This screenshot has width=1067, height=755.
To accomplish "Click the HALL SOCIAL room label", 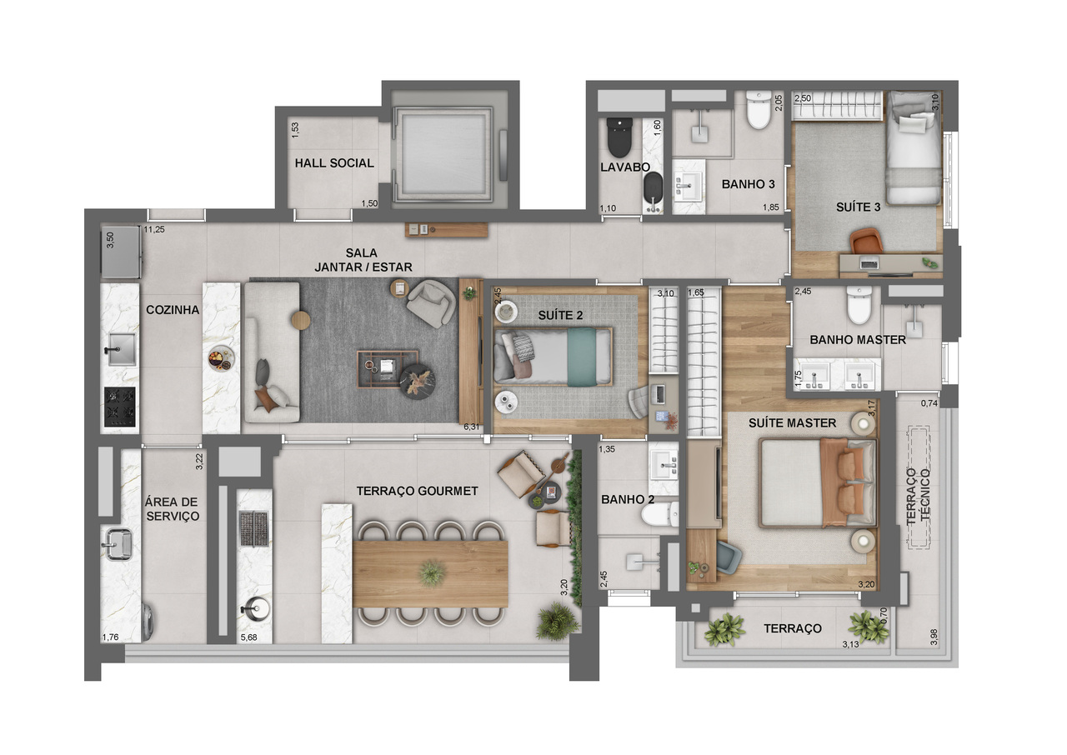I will [333, 163].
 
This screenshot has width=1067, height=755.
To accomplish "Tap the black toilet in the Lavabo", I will [619, 137].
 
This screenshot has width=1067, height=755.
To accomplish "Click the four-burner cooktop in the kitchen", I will [120, 406].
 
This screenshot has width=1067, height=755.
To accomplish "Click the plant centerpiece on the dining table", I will [432, 572].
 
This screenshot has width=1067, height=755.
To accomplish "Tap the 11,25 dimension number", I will [153, 230].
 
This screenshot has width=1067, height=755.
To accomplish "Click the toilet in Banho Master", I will [858, 307].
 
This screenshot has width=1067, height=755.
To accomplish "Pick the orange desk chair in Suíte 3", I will [868, 241].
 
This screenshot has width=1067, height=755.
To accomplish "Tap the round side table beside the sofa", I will [300, 320].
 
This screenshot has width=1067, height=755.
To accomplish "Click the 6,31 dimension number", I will [472, 427].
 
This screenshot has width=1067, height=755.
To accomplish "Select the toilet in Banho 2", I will [658, 517].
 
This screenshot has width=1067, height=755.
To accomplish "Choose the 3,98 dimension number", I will [934, 637].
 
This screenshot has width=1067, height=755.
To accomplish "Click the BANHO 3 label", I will [743, 184].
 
